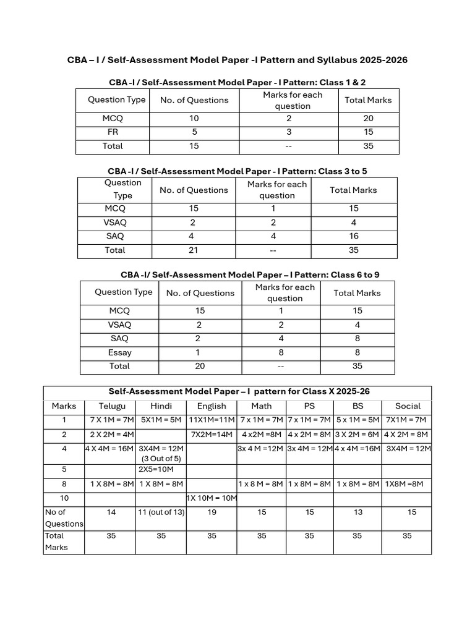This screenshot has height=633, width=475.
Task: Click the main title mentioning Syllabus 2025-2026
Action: coord(237,60)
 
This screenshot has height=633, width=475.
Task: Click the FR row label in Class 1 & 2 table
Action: coord(113,132)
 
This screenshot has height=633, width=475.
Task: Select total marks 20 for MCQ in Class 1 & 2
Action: coord(368,118)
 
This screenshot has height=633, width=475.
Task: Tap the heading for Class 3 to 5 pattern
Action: coord(237,171)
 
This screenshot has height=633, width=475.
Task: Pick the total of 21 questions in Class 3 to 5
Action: coord(194,250)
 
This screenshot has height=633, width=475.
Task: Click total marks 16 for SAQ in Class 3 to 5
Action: coord(353,236)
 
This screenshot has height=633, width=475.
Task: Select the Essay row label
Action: coord(119,352)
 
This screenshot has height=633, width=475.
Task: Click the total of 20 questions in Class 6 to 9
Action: coord(200,366)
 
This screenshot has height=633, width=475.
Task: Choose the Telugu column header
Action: coord(113,406)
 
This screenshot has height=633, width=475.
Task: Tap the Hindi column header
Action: coord(161,406)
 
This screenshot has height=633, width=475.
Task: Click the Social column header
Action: coord(408,406)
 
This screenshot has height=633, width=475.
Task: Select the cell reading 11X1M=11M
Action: coord(212,420)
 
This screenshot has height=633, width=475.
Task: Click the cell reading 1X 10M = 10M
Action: coord(212,498)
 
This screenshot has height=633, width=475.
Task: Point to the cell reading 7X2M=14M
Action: coord(212,435)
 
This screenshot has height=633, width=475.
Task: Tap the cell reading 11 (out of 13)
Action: coord(161,512)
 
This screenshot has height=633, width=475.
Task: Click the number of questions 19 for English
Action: coord(212,512)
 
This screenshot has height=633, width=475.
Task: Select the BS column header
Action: coord(357,406)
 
